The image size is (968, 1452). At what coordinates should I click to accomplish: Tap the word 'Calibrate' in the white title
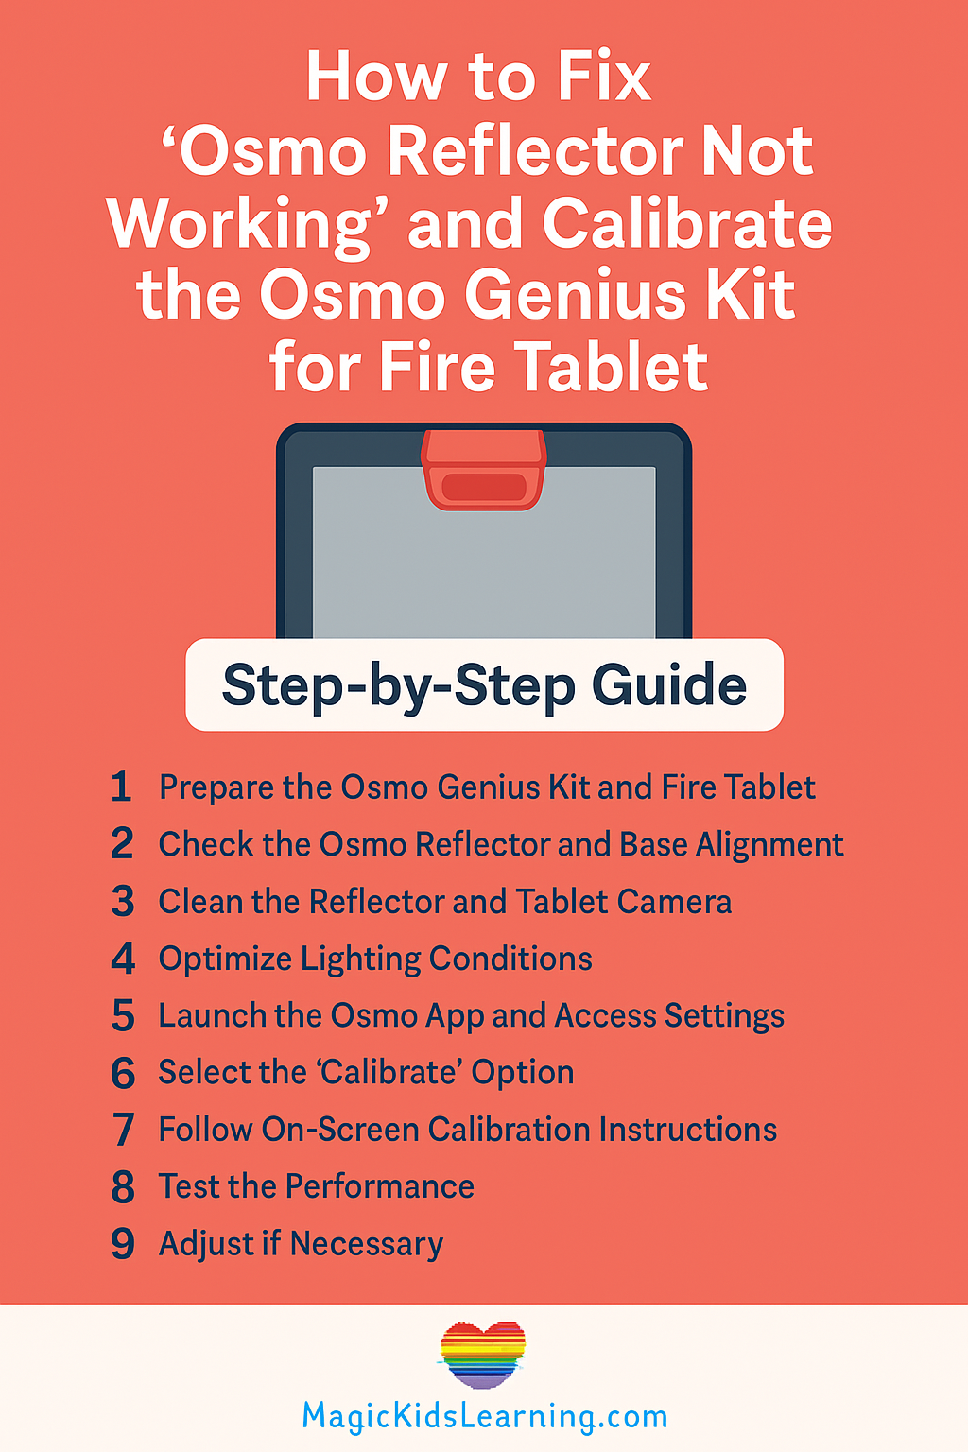click(x=687, y=224)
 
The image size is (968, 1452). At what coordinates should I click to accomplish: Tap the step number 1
click(x=121, y=786)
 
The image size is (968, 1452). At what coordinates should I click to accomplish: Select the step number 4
click(x=123, y=959)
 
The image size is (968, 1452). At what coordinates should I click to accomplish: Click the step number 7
click(x=123, y=1130)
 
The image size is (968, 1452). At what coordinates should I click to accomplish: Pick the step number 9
click(x=123, y=1244)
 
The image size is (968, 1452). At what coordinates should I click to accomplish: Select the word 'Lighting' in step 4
click(x=360, y=960)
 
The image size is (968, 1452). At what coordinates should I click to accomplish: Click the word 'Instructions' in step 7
click(x=687, y=1130)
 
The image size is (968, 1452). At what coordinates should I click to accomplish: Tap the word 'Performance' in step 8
click(x=380, y=1187)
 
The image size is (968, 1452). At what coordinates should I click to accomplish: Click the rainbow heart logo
click(x=482, y=1355)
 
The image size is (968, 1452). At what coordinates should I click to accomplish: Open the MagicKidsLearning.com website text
click(x=484, y=1416)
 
